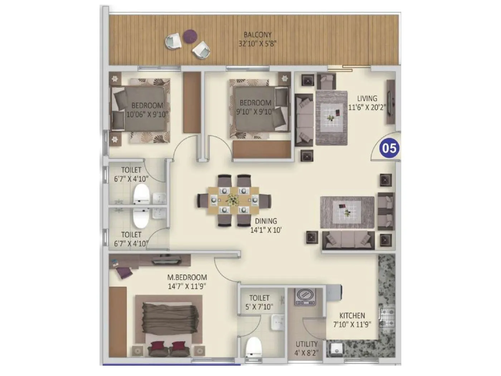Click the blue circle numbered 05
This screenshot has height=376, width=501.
390,148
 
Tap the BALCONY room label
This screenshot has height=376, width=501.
257,35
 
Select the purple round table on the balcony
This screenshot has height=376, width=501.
190,35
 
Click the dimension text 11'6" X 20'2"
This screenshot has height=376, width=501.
367,107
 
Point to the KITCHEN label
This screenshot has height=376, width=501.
352,315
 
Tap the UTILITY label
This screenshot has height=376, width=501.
306,344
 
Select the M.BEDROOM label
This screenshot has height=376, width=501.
187,277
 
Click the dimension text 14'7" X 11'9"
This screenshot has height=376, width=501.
187,286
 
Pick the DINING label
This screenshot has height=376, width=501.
266,221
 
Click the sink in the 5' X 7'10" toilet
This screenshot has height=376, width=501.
278,322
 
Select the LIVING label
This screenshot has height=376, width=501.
367,98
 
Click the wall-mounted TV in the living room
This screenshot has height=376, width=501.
391,102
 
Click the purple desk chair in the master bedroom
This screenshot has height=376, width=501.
123,273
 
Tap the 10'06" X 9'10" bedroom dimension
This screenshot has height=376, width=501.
147,115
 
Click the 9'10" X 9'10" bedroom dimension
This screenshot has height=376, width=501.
255,112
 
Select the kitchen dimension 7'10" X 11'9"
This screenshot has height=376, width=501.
352,324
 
